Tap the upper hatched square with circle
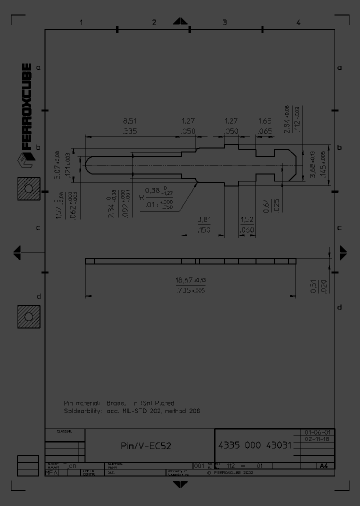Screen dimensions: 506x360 click(28, 189)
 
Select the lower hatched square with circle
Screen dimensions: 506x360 click(28, 317)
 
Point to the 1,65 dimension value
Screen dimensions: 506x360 click(264, 121)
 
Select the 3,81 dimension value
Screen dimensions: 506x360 click(203, 219)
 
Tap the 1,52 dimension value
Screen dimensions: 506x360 click(247, 219)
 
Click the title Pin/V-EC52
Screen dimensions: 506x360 click(146, 445)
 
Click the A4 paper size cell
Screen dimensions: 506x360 click(324, 465)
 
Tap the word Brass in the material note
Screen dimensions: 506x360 click(114, 402)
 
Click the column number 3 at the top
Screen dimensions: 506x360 click(224, 22)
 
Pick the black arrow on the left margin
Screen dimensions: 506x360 click(17, 252)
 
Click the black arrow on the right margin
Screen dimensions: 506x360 click(343, 252)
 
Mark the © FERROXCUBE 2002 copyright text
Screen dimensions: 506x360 click(226, 472)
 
